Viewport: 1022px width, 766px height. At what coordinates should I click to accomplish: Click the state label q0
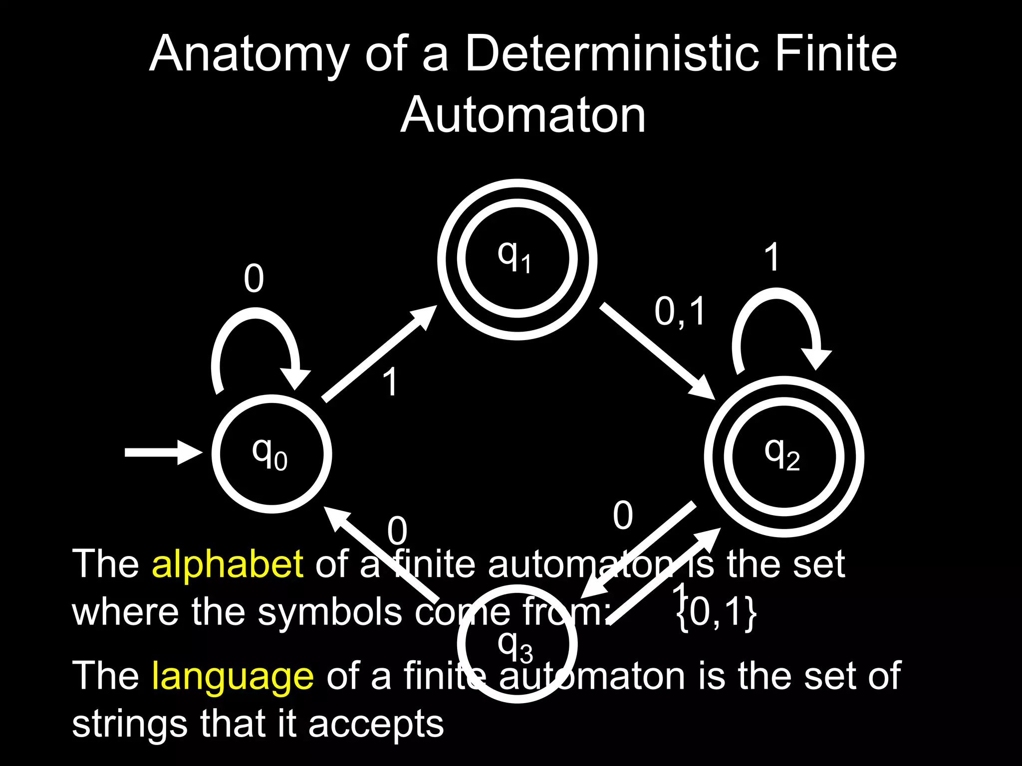tap(269, 454)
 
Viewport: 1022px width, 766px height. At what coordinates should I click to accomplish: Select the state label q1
tap(514, 257)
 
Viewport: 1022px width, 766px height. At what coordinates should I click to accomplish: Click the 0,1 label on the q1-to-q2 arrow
tap(680, 312)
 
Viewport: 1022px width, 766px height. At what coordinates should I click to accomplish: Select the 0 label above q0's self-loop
tap(254, 278)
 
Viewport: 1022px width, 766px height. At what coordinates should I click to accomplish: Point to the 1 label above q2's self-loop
tap(772, 257)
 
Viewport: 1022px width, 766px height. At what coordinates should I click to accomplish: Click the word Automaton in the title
tap(523, 115)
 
